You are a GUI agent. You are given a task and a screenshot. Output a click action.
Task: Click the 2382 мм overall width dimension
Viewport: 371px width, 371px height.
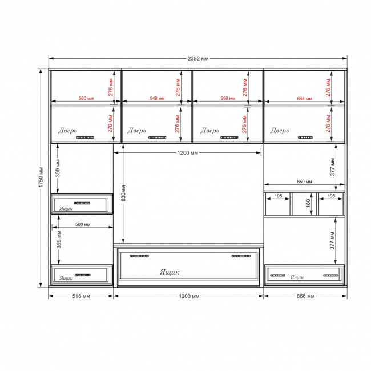(198, 58)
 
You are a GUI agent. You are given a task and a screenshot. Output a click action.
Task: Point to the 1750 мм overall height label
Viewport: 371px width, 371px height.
(41, 177)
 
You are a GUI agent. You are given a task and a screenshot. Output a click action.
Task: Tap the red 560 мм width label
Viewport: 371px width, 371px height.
(86, 98)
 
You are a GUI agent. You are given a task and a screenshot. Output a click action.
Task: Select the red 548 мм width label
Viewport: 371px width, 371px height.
(157, 98)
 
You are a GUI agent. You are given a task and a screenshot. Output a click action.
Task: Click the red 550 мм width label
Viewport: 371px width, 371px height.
(228, 98)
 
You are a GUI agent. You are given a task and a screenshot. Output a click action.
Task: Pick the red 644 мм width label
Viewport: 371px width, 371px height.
(304, 98)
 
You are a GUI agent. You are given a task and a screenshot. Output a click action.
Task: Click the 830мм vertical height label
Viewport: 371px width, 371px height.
(123, 193)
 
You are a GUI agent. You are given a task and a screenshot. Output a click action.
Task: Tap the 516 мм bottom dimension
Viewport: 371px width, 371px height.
(81, 296)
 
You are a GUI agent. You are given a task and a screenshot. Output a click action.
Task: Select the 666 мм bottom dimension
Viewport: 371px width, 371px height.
(305, 296)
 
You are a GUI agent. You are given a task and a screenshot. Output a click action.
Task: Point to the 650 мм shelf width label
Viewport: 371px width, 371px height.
(304, 182)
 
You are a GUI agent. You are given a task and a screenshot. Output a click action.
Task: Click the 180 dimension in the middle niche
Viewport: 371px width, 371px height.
(308, 203)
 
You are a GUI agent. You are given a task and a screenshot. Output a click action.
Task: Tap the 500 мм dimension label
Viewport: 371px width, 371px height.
(83, 224)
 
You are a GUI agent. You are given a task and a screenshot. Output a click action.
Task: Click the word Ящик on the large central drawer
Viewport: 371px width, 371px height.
(170, 272)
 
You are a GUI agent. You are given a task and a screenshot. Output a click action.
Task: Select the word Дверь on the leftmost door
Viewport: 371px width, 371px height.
(67, 131)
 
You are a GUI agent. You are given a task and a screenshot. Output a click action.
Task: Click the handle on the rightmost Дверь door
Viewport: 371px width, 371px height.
(305, 138)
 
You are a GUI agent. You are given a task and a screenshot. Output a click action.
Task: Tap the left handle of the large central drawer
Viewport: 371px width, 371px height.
(139, 256)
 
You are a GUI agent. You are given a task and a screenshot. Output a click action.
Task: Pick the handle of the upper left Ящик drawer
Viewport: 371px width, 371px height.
(82, 203)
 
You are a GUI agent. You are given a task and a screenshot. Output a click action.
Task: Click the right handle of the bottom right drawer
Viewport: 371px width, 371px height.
(330, 275)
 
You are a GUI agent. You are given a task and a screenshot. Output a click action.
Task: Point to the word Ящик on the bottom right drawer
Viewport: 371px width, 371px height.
(297, 277)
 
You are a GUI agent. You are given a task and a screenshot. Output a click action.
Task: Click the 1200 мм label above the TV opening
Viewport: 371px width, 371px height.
(187, 153)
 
